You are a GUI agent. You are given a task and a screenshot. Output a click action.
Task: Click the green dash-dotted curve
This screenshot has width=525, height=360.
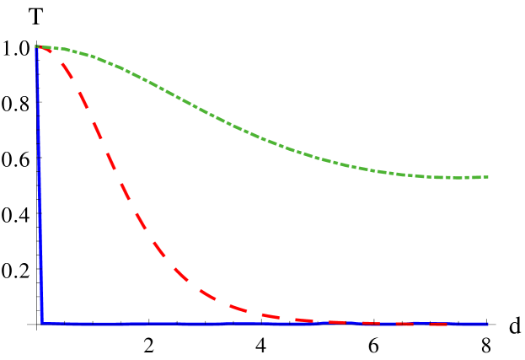tap(253, 134)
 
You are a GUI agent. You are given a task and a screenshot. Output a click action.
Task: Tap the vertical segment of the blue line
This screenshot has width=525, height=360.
tap(40, 185)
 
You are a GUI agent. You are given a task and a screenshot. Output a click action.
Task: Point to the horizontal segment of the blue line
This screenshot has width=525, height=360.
tap(253, 323)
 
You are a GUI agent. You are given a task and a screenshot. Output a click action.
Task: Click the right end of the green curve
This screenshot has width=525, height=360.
tap(487, 177)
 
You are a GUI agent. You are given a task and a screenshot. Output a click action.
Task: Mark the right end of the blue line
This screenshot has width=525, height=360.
tap(487, 323)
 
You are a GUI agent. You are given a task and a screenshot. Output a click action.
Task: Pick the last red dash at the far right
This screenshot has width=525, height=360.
tap(438, 325)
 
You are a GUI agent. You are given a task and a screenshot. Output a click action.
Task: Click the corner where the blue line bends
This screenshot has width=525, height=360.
tap(42, 322)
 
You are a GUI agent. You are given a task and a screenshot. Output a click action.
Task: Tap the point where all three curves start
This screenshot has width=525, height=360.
tap(37, 47)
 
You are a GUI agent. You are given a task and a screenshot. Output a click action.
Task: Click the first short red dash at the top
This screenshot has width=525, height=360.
tap(46, 50)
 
